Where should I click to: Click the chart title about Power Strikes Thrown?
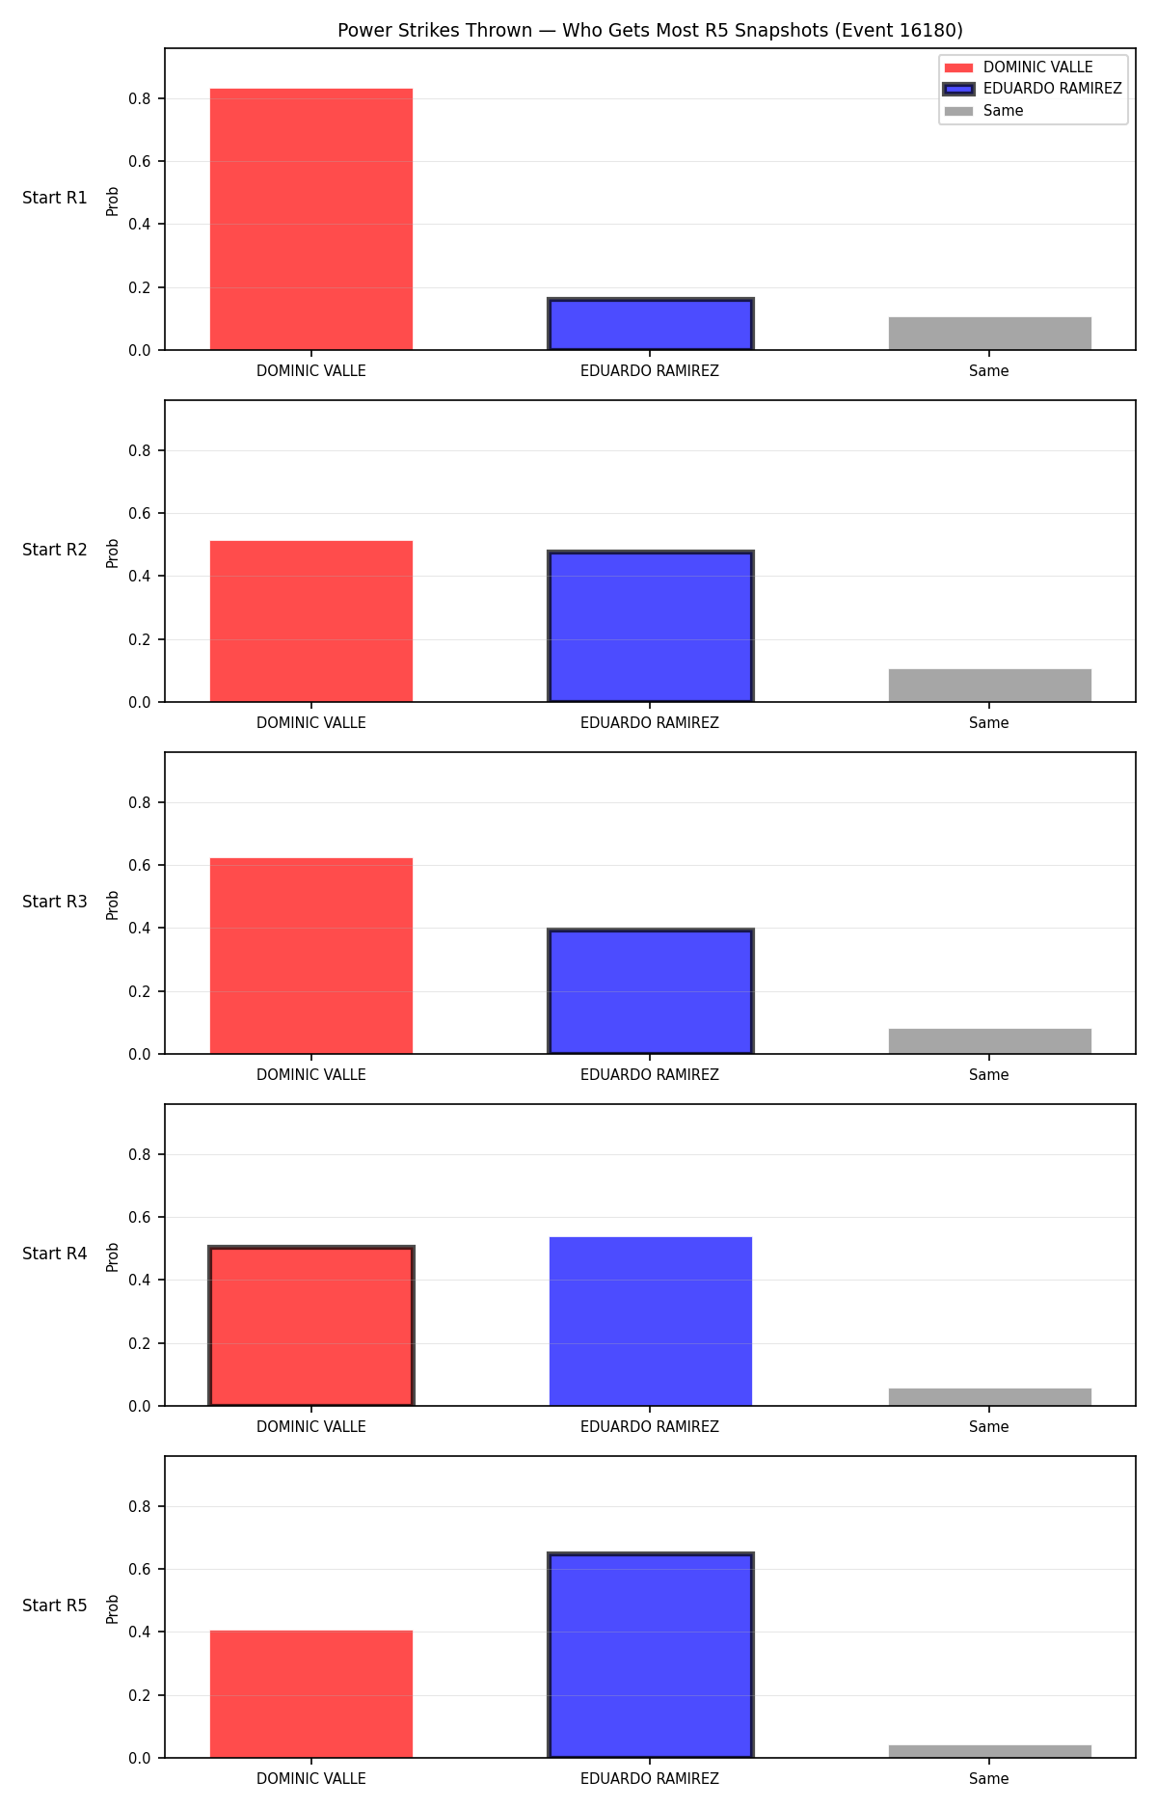[650, 31]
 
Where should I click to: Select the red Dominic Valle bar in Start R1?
[311, 219]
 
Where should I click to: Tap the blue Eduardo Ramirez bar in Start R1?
[651, 324]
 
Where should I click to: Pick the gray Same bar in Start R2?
[990, 686]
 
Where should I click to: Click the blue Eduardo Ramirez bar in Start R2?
[651, 627]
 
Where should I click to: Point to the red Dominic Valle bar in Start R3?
[311, 956]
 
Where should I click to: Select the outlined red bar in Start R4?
[311, 1326]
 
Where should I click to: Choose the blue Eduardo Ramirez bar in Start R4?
[651, 1321]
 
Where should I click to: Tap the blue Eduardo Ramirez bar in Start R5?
[651, 1655]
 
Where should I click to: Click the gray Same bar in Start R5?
[990, 1751]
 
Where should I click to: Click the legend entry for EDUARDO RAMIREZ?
[1033, 89]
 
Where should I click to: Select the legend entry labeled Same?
[984, 111]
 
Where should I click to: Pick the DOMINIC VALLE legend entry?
[1018, 67]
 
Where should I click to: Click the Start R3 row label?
[55, 902]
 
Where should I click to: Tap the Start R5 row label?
[55, 1606]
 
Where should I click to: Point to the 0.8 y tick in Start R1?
[140, 98]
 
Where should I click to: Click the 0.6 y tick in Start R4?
[140, 1217]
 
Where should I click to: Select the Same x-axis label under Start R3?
[989, 1075]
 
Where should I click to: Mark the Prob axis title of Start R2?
[113, 553]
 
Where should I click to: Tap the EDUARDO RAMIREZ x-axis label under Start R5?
[650, 1779]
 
